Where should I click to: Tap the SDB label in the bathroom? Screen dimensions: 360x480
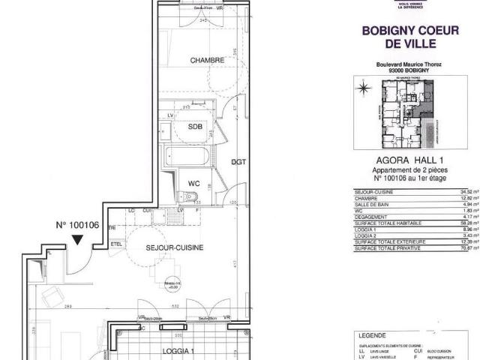(196, 126)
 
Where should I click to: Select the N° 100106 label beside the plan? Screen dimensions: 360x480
(78, 224)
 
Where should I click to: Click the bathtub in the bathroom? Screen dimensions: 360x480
(190, 157)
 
